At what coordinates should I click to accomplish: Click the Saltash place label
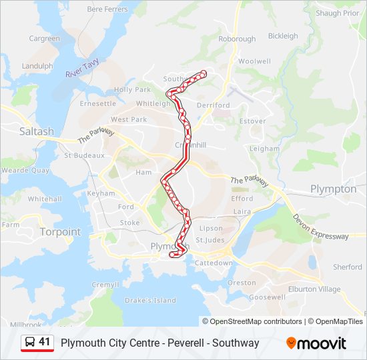click(36, 131)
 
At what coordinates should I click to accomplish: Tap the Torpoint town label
click(60, 232)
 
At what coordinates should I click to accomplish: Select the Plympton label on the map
click(333, 189)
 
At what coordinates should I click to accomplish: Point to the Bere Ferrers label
click(107, 9)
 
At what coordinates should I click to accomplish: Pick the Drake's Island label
click(150, 301)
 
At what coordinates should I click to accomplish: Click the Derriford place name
click(214, 105)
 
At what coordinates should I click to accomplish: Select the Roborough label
click(237, 39)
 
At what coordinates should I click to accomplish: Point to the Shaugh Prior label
click(338, 13)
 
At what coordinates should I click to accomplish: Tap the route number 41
click(45, 342)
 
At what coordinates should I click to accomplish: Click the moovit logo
click(316, 343)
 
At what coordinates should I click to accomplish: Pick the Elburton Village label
click(314, 289)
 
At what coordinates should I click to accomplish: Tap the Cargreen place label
click(44, 39)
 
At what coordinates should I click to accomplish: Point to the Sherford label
click(348, 267)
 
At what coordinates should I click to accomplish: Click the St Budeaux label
click(85, 155)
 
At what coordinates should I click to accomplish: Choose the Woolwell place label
click(254, 61)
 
